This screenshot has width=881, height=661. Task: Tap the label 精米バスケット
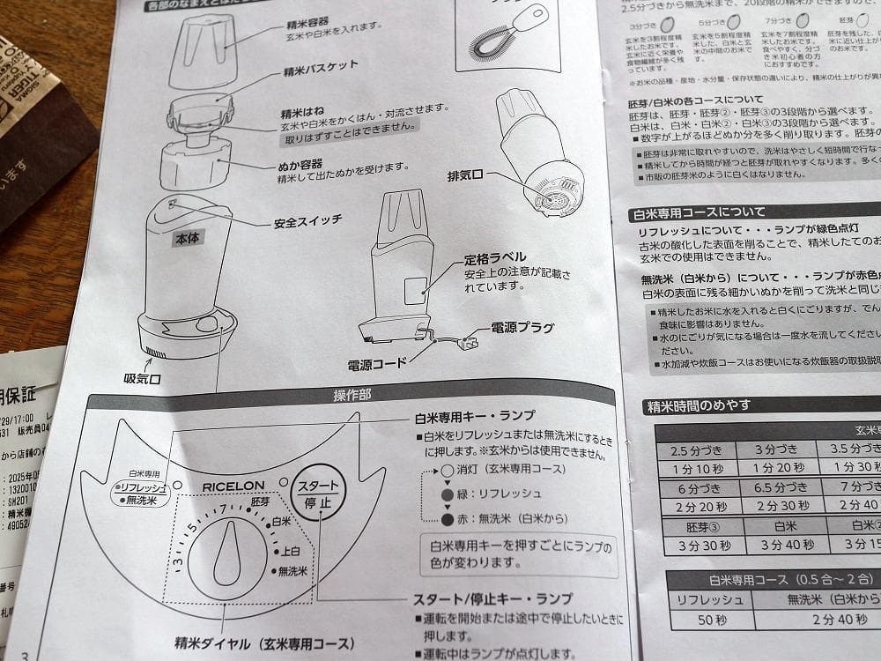coord(321,66)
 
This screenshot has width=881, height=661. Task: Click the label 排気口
coord(467,175)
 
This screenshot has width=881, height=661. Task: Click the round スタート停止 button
coord(318,494)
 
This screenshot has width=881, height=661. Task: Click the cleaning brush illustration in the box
coord(496,33)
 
